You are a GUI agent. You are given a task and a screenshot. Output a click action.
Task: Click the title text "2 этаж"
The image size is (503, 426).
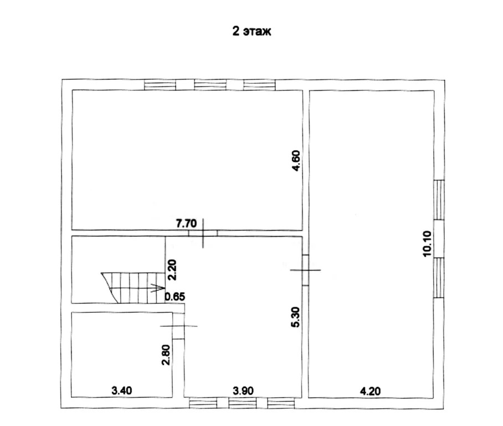[251, 32]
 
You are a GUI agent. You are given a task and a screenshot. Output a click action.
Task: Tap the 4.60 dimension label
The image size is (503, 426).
[295, 161]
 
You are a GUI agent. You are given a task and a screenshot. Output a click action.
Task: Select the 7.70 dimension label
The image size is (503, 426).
[186, 224]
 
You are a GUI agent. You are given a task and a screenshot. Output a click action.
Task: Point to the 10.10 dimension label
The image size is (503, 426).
[427, 244]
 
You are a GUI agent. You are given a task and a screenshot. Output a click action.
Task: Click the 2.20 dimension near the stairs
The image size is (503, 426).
[172, 270]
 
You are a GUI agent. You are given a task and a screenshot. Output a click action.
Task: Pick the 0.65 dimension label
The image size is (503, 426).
[175, 296]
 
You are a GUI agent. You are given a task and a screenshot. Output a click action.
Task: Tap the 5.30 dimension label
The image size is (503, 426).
[295, 317]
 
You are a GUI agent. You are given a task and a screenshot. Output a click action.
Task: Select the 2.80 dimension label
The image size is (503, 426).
[166, 355]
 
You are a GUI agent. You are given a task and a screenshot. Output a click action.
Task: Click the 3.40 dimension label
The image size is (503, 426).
[121, 390]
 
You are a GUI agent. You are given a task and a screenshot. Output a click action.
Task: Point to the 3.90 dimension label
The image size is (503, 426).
[243, 391]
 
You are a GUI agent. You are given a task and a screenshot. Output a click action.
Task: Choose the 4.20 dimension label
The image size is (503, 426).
[370, 391]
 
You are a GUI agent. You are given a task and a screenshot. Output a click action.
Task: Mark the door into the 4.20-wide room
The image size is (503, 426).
[305, 270]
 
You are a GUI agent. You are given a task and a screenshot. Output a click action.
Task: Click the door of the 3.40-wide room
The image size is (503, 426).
[178, 326]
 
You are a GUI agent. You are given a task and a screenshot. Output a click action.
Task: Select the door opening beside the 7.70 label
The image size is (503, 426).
[203, 233]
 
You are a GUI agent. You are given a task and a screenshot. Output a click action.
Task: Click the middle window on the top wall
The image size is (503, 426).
[211, 85]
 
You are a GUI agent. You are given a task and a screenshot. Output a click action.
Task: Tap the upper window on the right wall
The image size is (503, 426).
[439, 200]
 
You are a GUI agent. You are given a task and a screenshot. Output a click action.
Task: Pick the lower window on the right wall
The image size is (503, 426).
[439, 278]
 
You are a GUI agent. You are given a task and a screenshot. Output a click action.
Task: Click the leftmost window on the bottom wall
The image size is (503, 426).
[203, 403]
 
